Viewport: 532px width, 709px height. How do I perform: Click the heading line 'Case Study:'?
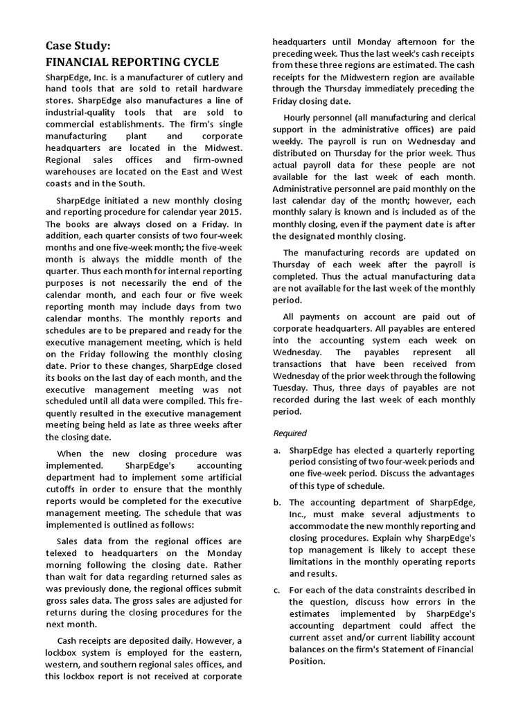coord(78,46)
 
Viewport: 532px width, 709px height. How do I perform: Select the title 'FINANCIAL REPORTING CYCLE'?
coord(132,62)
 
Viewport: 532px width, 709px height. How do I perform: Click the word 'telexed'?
coord(62,554)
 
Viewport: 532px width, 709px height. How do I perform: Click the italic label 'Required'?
coord(290,433)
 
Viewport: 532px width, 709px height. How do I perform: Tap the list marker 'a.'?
coord(277,450)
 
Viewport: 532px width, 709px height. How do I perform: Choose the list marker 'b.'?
coord(277,503)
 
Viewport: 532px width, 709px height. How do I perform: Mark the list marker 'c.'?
coord(277,590)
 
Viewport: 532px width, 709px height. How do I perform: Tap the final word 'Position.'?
coord(308,661)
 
